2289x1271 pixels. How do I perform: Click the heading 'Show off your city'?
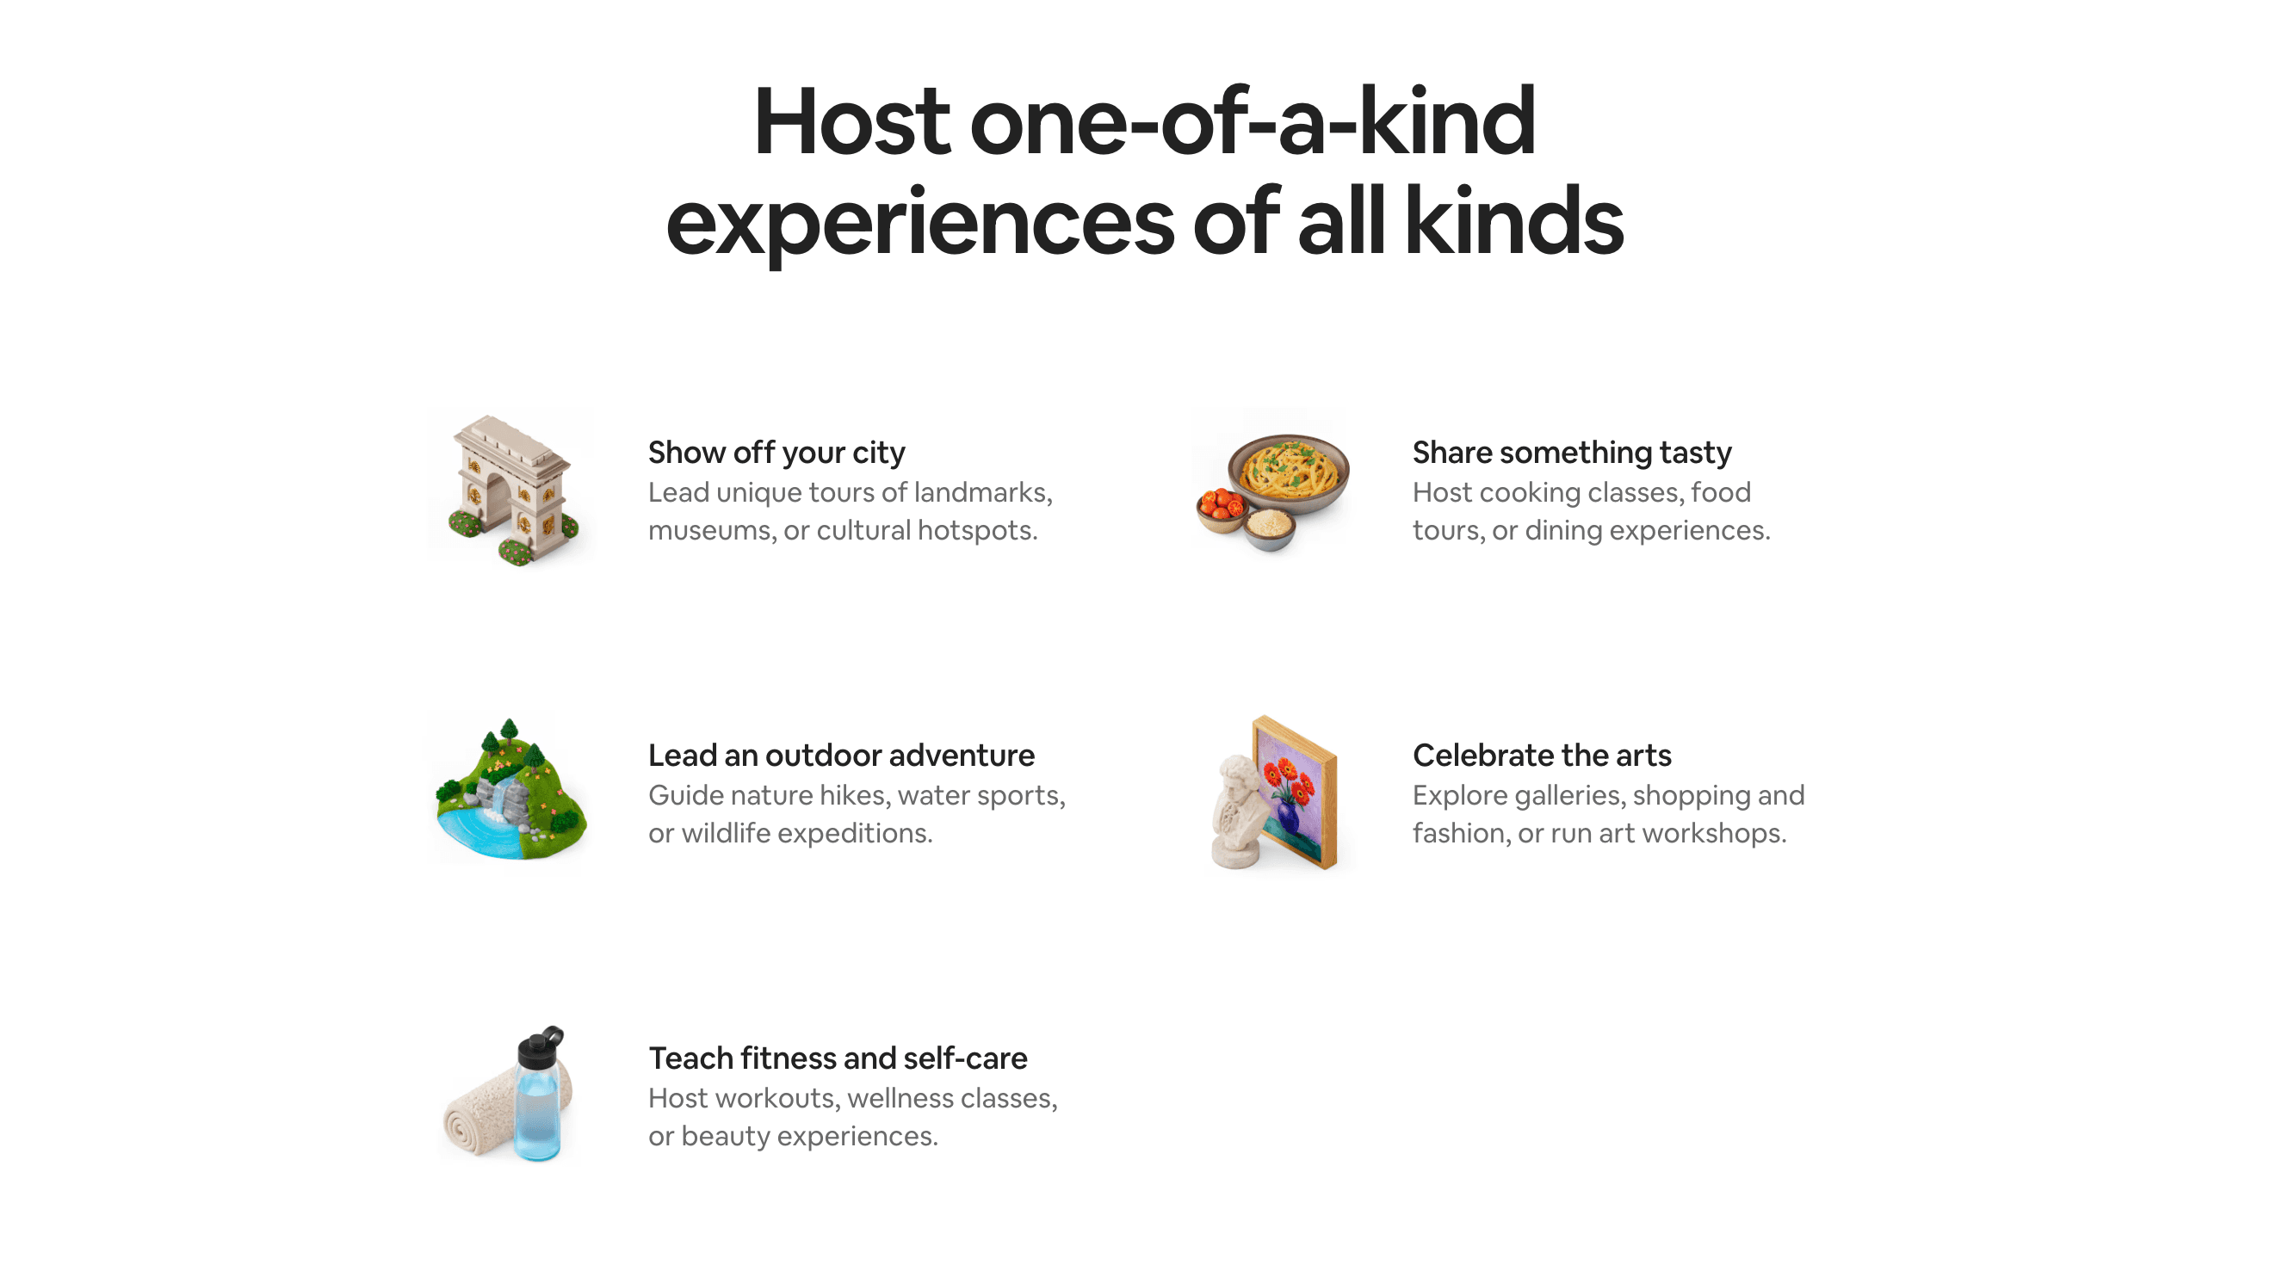click(776, 452)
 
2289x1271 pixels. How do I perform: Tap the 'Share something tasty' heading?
click(1572, 452)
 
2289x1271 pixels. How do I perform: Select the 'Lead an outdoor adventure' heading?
click(840, 755)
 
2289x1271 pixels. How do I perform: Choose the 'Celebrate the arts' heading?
click(1542, 755)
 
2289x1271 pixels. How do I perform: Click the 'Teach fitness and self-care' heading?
click(837, 1058)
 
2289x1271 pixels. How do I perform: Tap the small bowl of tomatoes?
click(1221, 509)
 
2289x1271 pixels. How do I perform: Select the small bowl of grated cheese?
click(1269, 530)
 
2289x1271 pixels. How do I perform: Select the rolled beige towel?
click(479, 1110)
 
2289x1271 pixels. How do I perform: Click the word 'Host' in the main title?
click(852, 121)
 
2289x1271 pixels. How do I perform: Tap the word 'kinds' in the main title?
click(1513, 221)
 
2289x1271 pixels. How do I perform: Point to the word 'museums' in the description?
click(710, 530)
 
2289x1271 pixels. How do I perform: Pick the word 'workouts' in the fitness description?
click(776, 1099)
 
